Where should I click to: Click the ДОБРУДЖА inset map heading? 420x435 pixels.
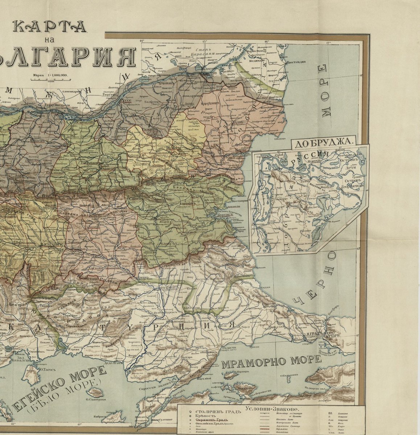tap(324, 142)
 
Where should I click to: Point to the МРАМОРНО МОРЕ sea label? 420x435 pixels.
tap(272, 361)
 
